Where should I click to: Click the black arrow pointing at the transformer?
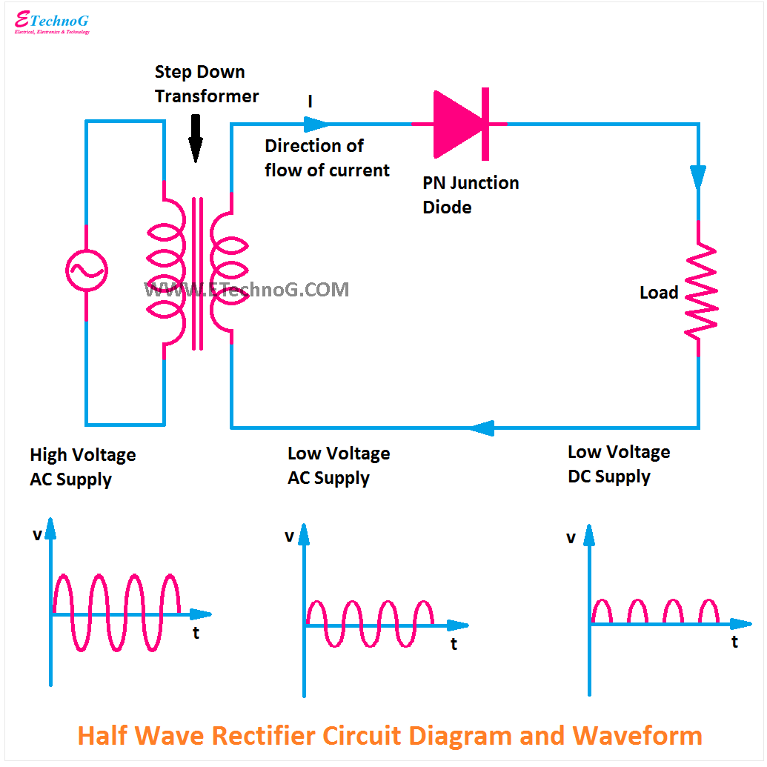[x=195, y=139]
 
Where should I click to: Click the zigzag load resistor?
[x=700, y=290]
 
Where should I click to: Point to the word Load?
[x=659, y=293]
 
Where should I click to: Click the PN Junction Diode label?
[x=470, y=195]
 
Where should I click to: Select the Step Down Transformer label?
[x=206, y=84]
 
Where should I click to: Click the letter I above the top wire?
[x=311, y=102]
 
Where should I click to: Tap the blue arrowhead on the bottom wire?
[x=481, y=428]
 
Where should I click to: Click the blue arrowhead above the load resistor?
[x=698, y=176]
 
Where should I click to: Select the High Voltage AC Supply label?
[x=82, y=467]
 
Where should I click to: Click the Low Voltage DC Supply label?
[x=618, y=464]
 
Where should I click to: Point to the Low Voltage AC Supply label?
[x=338, y=465]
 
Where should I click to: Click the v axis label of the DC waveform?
[x=571, y=537]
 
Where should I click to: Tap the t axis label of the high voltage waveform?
[x=196, y=633]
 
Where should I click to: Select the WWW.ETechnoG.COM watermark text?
[x=246, y=290]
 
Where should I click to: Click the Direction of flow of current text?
[x=326, y=158]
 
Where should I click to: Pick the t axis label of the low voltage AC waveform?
[x=454, y=644]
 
